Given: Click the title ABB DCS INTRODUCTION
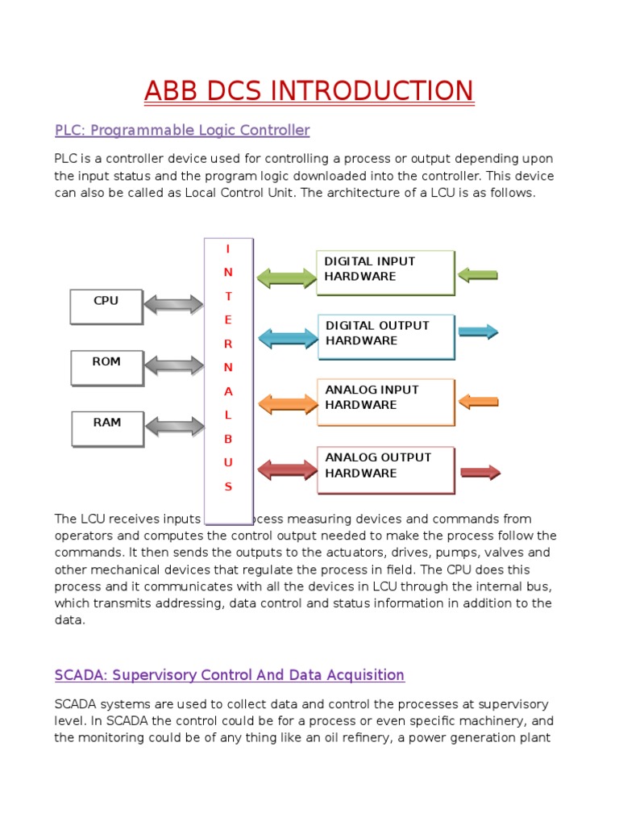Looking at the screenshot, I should coord(309,90).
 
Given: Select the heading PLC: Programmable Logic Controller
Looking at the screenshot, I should coord(182,130).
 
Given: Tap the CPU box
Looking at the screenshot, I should coord(106,306).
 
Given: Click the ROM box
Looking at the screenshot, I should coord(106,367).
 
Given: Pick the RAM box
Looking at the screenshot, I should coord(107,428).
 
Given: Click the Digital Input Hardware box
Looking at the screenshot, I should coord(385,273).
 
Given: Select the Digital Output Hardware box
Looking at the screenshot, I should coord(385,336).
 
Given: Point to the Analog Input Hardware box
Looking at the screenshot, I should coord(385,401).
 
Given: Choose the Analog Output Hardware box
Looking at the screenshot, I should coord(385,469).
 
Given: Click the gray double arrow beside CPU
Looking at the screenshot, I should coord(174,305).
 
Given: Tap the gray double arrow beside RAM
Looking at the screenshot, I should coord(174,426).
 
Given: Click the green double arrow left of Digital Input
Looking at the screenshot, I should coord(287,278).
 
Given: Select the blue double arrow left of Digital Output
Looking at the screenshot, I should coord(287,338).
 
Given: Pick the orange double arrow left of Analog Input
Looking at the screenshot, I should coord(287,404).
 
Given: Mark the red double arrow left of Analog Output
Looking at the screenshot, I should coord(287,470).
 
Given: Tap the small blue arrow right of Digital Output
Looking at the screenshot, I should coord(479,331).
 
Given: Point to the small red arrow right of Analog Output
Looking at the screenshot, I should coord(480,473).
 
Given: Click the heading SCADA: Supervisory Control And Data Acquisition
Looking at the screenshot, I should coord(230,674).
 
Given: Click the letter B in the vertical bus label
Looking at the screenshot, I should coord(228,439).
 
